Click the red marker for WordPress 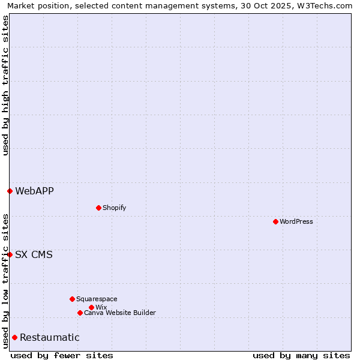tap(275, 221)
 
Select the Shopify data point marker tap(98, 208)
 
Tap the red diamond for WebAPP tap(10, 191)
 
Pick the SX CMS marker tap(10, 254)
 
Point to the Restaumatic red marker tap(14, 337)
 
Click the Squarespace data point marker tap(72, 299)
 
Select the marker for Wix tap(91, 307)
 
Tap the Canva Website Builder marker tap(80, 313)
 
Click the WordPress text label tap(296, 221)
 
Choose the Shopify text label tap(115, 208)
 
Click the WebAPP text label tap(34, 191)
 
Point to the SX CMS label tap(34, 254)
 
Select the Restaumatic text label tap(49, 337)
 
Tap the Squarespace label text tap(97, 299)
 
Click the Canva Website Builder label tap(120, 313)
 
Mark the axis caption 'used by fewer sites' tap(62, 355)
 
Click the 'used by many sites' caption tap(301, 355)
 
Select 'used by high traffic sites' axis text tap(5, 85)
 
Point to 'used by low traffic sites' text tap(5, 280)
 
